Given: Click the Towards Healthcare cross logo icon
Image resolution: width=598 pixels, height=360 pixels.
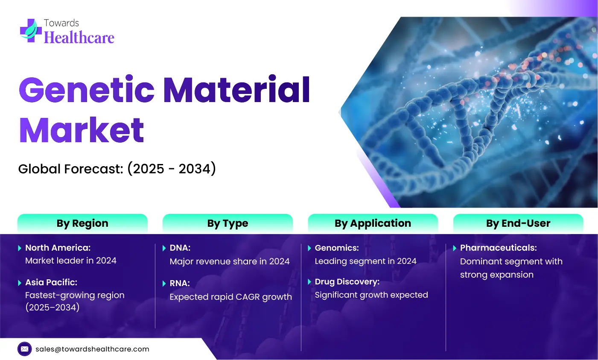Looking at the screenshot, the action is pyautogui.click(x=31, y=30).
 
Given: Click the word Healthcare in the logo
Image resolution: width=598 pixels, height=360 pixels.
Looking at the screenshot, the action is pyautogui.click(x=79, y=38).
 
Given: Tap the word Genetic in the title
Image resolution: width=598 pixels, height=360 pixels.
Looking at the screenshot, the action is pyautogui.click(x=87, y=90).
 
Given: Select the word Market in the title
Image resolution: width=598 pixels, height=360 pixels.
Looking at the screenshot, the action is pyautogui.click(x=82, y=130).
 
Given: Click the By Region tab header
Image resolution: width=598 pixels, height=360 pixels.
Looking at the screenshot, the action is pyautogui.click(x=82, y=223).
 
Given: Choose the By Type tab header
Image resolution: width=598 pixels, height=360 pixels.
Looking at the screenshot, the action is pyautogui.click(x=228, y=223).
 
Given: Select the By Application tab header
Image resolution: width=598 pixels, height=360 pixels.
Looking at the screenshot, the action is pyautogui.click(x=373, y=223).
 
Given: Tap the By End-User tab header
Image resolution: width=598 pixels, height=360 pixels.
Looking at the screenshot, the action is pyautogui.click(x=518, y=223).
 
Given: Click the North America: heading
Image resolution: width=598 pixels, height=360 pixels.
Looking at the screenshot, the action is pyautogui.click(x=58, y=248).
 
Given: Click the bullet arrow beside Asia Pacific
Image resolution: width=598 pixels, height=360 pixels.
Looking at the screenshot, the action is pyautogui.click(x=20, y=283).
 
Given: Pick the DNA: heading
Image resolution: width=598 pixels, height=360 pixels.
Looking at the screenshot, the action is pyautogui.click(x=180, y=248).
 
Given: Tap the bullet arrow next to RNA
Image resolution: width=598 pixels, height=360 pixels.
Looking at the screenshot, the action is pyautogui.click(x=164, y=284).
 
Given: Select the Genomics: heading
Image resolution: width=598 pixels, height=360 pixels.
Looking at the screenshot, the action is pyautogui.click(x=337, y=248).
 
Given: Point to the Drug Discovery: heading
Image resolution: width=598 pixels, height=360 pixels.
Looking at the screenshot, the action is pyautogui.click(x=347, y=282).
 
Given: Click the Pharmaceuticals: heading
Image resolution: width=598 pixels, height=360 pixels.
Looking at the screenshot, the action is pyautogui.click(x=499, y=248).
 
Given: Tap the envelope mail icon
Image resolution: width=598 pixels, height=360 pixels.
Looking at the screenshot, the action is pyautogui.click(x=25, y=349).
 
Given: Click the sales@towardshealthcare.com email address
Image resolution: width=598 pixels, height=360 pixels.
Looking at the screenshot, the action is pyautogui.click(x=92, y=349).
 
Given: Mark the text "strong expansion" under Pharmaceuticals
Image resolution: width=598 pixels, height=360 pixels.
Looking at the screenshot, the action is pyautogui.click(x=497, y=275).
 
